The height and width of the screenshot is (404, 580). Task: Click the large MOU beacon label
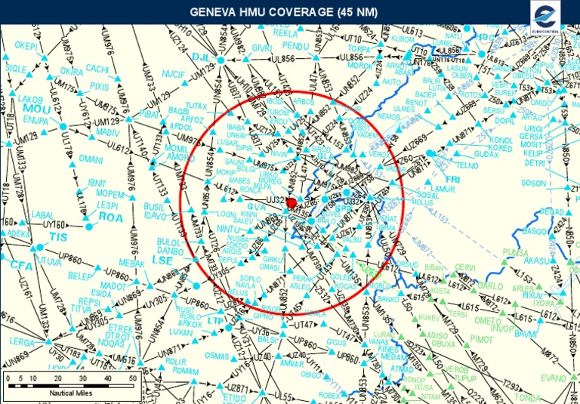pyautogui.click(x=35, y=109)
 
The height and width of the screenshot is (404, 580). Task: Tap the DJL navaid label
pyautogui.click(x=200, y=57)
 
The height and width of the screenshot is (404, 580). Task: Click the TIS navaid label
pyautogui.click(x=58, y=236)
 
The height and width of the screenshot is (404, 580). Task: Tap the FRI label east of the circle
pyautogui.click(x=453, y=179)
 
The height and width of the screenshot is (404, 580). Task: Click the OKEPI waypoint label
pyautogui.click(x=26, y=46)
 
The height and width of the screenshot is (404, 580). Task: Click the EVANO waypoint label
pyautogui.click(x=554, y=378)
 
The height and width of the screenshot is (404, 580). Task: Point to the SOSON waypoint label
pyautogui.click(x=533, y=183)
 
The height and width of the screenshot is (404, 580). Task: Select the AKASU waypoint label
pyautogui.click(x=538, y=261)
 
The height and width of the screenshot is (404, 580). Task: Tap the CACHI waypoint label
pyautogui.click(x=97, y=68)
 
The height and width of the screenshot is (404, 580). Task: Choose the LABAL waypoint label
pyautogui.click(x=42, y=214)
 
